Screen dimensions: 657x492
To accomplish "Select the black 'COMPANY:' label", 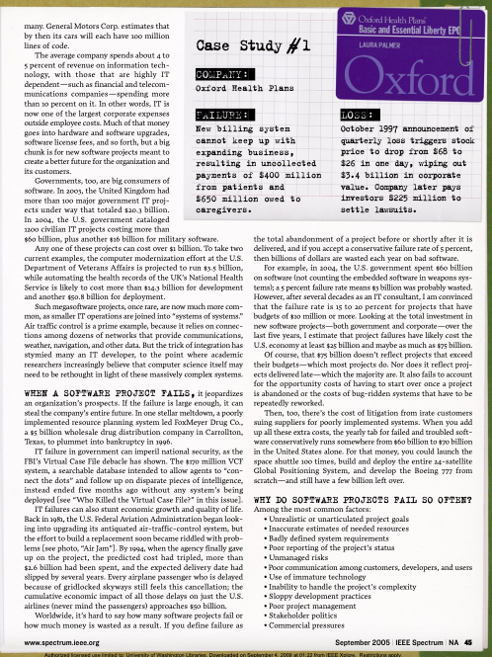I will (x=216, y=74).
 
